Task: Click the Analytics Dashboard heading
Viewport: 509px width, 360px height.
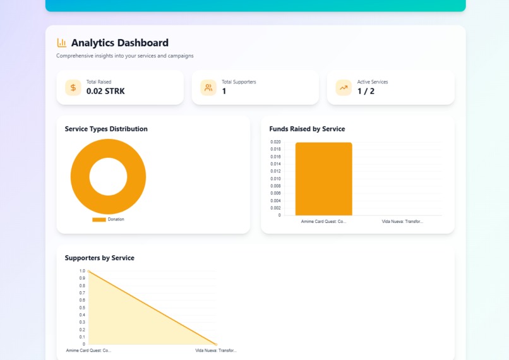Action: click(x=119, y=43)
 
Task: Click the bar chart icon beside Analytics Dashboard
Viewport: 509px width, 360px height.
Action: click(x=61, y=43)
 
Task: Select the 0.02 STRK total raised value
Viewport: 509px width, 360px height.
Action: click(x=105, y=92)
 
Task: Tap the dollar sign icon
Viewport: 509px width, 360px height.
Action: click(x=73, y=88)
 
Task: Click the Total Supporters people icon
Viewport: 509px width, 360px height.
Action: click(x=208, y=88)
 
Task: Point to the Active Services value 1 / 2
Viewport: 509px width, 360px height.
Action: click(x=366, y=92)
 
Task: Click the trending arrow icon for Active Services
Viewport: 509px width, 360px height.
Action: click(x=344, y=88)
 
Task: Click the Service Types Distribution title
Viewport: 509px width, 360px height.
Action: click(x=106, y=129)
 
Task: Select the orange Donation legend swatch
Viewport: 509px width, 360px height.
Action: click(x=99, y=220)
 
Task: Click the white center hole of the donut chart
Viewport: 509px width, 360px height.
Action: click(x=108, y=177)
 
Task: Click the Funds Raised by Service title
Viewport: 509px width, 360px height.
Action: click(x=307, y=129)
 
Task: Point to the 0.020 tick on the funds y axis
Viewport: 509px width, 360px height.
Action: click(x=275, y=142)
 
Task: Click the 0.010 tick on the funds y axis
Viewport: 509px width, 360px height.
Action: click(x=275, y=179)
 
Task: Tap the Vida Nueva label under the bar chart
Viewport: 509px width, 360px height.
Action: click(x=402, y=222)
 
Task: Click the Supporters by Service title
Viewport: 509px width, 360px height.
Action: click(x=99, y=258)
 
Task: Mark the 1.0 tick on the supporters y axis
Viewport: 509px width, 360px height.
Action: click(x=82, y=271)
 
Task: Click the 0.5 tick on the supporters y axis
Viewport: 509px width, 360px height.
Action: click(x=82, y=308)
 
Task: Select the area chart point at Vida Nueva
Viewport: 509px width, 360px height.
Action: click(x=217, y=344)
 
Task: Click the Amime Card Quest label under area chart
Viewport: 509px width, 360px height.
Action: click(x=88, y=351)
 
